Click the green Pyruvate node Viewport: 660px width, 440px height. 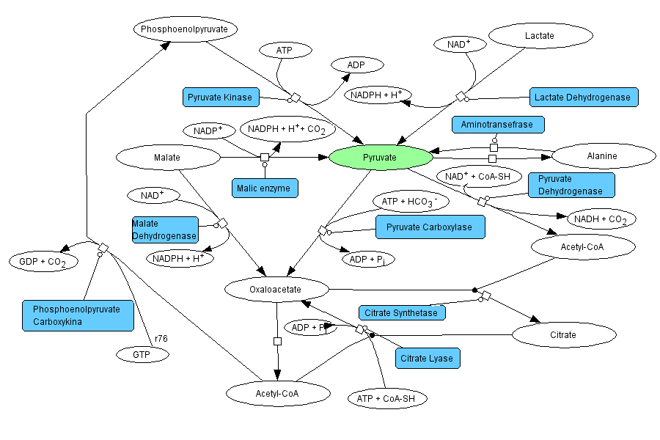pos(380,157)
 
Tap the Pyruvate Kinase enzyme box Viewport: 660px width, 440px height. pos(220,97)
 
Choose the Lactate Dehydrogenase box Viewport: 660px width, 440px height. pos(584,97)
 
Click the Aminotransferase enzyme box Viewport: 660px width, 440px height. pos(498,125)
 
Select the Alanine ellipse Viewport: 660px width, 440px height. pos(603,155)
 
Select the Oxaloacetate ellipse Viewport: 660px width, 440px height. pos(276,290)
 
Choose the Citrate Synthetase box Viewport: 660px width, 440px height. pos(403,313)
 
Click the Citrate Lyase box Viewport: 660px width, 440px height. pos(428,359)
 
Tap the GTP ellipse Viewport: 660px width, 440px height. pos(142,354)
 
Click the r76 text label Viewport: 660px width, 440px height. pos(159,338)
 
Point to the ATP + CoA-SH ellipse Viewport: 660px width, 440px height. pos(386,399)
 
